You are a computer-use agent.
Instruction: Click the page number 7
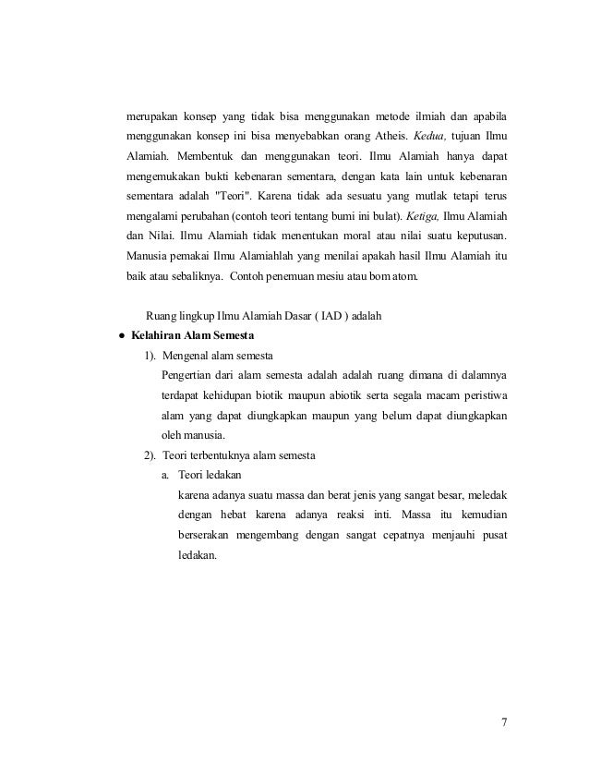point(504,722)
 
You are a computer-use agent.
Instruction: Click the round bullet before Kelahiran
point(121,335)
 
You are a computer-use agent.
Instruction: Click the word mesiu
point(329,274)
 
